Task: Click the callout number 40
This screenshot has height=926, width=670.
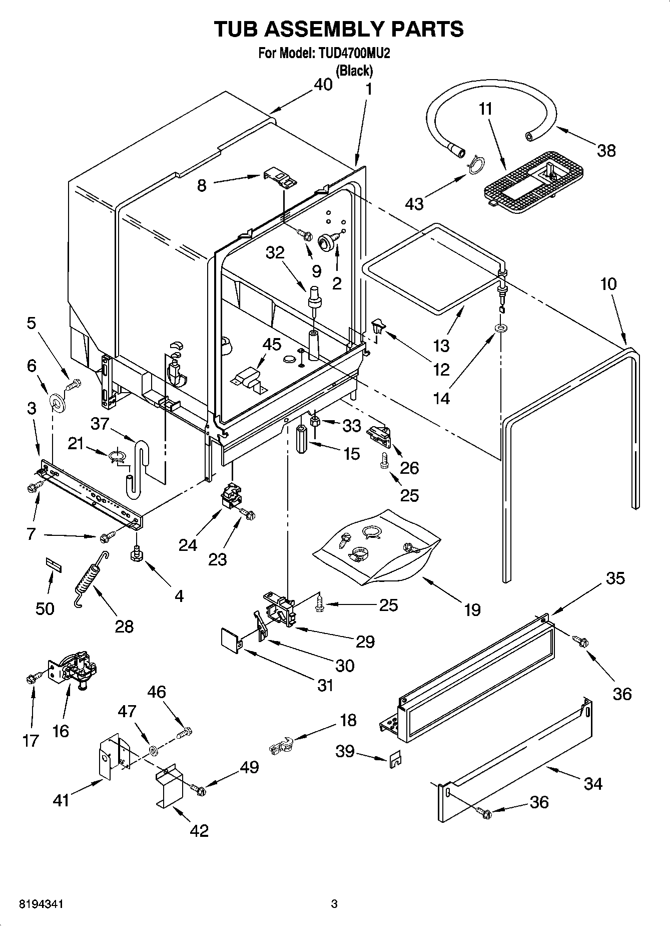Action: tap(323, 85)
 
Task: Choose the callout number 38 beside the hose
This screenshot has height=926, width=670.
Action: tap(606, 150)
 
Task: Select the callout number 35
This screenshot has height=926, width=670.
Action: tap(615, 578)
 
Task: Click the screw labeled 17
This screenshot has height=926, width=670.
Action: tap(31, 679)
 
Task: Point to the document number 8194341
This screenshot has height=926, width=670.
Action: tap(42, 904)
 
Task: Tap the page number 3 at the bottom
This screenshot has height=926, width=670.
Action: tap(334, 904)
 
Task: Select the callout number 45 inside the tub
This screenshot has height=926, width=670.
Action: tap(272, 345)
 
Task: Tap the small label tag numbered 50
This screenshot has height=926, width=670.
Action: tap(54, 564)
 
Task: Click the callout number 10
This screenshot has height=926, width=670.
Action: tap(608, 284)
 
